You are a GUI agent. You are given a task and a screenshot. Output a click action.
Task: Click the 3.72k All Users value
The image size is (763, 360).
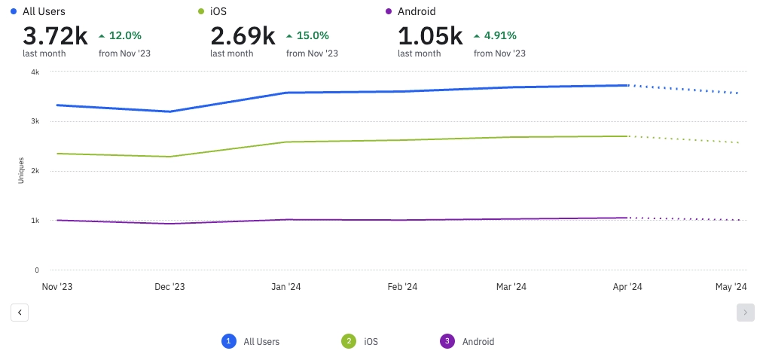point(54,35)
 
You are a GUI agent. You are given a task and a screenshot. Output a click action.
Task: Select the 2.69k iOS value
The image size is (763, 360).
point(242,35)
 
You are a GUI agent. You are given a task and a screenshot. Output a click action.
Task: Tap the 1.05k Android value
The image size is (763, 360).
point(429,35)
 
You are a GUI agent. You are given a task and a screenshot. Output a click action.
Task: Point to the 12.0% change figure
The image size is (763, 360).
point(125,35)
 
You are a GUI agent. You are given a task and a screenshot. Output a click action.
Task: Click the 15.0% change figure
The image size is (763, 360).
point(313,35)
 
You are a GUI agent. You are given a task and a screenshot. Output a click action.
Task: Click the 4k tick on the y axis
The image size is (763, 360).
point(35,72)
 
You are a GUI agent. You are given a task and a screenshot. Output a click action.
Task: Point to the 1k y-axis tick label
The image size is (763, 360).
point(35,221)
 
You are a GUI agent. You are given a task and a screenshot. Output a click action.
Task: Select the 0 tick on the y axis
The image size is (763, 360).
point(36,270)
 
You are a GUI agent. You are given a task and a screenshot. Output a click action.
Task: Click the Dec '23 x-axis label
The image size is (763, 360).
point(169,287)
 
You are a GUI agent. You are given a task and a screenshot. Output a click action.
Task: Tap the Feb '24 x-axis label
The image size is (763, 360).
point(402,287)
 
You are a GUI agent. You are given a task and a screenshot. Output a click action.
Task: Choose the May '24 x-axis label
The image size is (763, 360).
point(730,287)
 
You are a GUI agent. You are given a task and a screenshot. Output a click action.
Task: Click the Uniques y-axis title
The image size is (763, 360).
point(22,170)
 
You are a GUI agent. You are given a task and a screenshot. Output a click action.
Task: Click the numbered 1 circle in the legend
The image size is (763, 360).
point(228,341)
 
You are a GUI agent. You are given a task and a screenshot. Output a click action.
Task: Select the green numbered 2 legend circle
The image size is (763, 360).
point(349,341)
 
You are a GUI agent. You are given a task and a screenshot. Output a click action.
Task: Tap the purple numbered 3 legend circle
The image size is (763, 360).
point(447,341)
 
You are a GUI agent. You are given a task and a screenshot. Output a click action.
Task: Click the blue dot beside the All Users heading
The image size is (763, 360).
point(14,11)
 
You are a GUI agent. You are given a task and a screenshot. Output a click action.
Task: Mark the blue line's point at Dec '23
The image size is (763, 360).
point(169,111)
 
